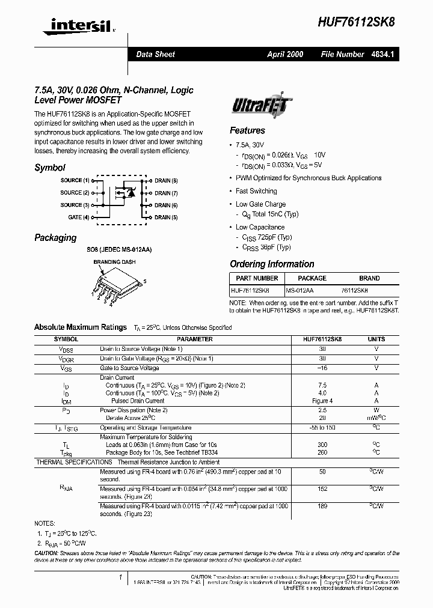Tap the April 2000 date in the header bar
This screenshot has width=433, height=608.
point(285,54)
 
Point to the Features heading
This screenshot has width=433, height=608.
point(247,130)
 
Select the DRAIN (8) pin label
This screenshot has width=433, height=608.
point(166,180)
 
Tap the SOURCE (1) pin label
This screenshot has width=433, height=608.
point(75,180)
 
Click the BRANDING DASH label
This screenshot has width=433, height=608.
point(114,262)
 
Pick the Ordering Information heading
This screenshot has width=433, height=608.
point(272,264)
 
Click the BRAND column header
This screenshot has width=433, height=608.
point(369,278)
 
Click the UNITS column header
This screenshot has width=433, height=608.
point(376,339)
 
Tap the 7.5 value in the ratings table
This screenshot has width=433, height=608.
point(322,385)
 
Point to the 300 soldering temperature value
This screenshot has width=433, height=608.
point(322,445)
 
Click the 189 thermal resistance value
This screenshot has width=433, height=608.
point(322,506)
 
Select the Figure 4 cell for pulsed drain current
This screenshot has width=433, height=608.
point(322,401)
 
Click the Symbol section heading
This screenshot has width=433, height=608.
point(50,168)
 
